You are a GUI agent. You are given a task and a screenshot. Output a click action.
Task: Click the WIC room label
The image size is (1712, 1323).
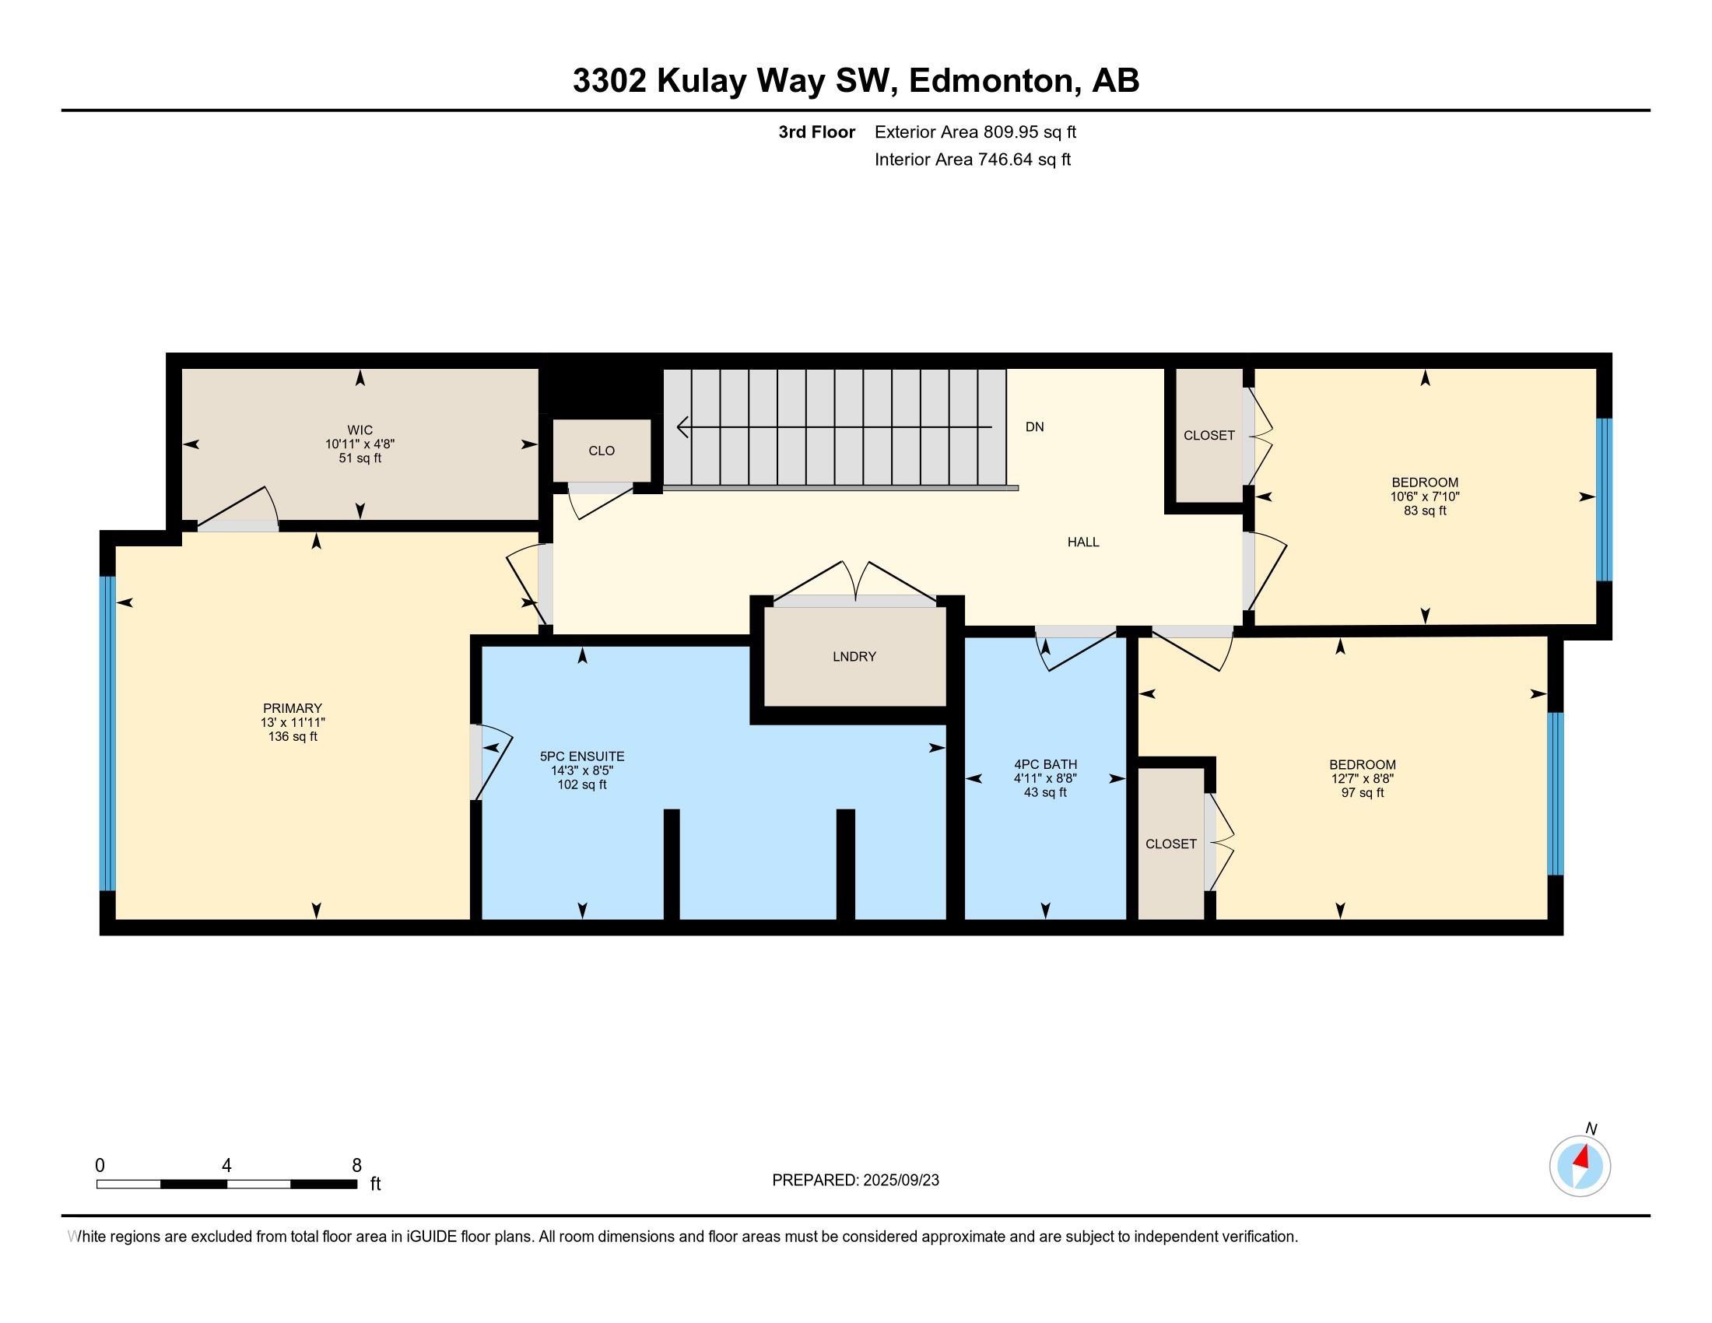coord(360,430)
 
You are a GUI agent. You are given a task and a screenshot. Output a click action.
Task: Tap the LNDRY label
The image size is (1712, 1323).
coord(854,657)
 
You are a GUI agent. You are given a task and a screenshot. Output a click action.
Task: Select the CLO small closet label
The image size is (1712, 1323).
coord(602,451)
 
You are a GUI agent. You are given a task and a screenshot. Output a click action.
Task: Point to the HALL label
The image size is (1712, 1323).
coord(1083,542)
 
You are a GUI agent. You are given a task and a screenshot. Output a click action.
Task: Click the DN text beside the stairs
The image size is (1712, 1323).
coord(1035,427)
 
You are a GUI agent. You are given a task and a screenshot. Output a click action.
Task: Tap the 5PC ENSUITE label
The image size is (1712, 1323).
coord(581,756)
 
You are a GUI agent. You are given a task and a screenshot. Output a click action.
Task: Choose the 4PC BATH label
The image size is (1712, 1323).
coord(1046,764)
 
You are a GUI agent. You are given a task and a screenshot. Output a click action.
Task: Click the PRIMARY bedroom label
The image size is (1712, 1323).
coord(293,707)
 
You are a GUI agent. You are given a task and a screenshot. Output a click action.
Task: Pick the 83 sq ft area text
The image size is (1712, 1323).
coord(1425,511)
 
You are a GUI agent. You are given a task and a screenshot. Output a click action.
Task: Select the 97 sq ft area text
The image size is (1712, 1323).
coord(1363,792)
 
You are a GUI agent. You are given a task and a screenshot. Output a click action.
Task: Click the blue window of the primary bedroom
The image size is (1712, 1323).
coord(107,734)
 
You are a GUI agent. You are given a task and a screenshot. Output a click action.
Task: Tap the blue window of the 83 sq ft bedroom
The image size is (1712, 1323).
coord(1605,500)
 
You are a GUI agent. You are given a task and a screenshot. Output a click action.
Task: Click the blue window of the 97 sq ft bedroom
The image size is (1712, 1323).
coord(1556,793)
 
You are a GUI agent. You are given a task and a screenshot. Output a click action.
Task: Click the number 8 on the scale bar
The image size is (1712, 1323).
coord(356,1166)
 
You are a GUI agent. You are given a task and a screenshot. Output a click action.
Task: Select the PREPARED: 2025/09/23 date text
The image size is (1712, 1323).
coord(855,1181)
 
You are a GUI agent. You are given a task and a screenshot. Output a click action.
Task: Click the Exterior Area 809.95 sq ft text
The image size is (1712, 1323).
coord(975,132)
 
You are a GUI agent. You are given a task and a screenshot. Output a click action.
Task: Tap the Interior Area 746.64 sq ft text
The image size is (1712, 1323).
coord(973,160)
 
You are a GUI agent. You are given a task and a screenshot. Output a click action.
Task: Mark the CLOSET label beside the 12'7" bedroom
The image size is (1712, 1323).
coord(1171,844)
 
